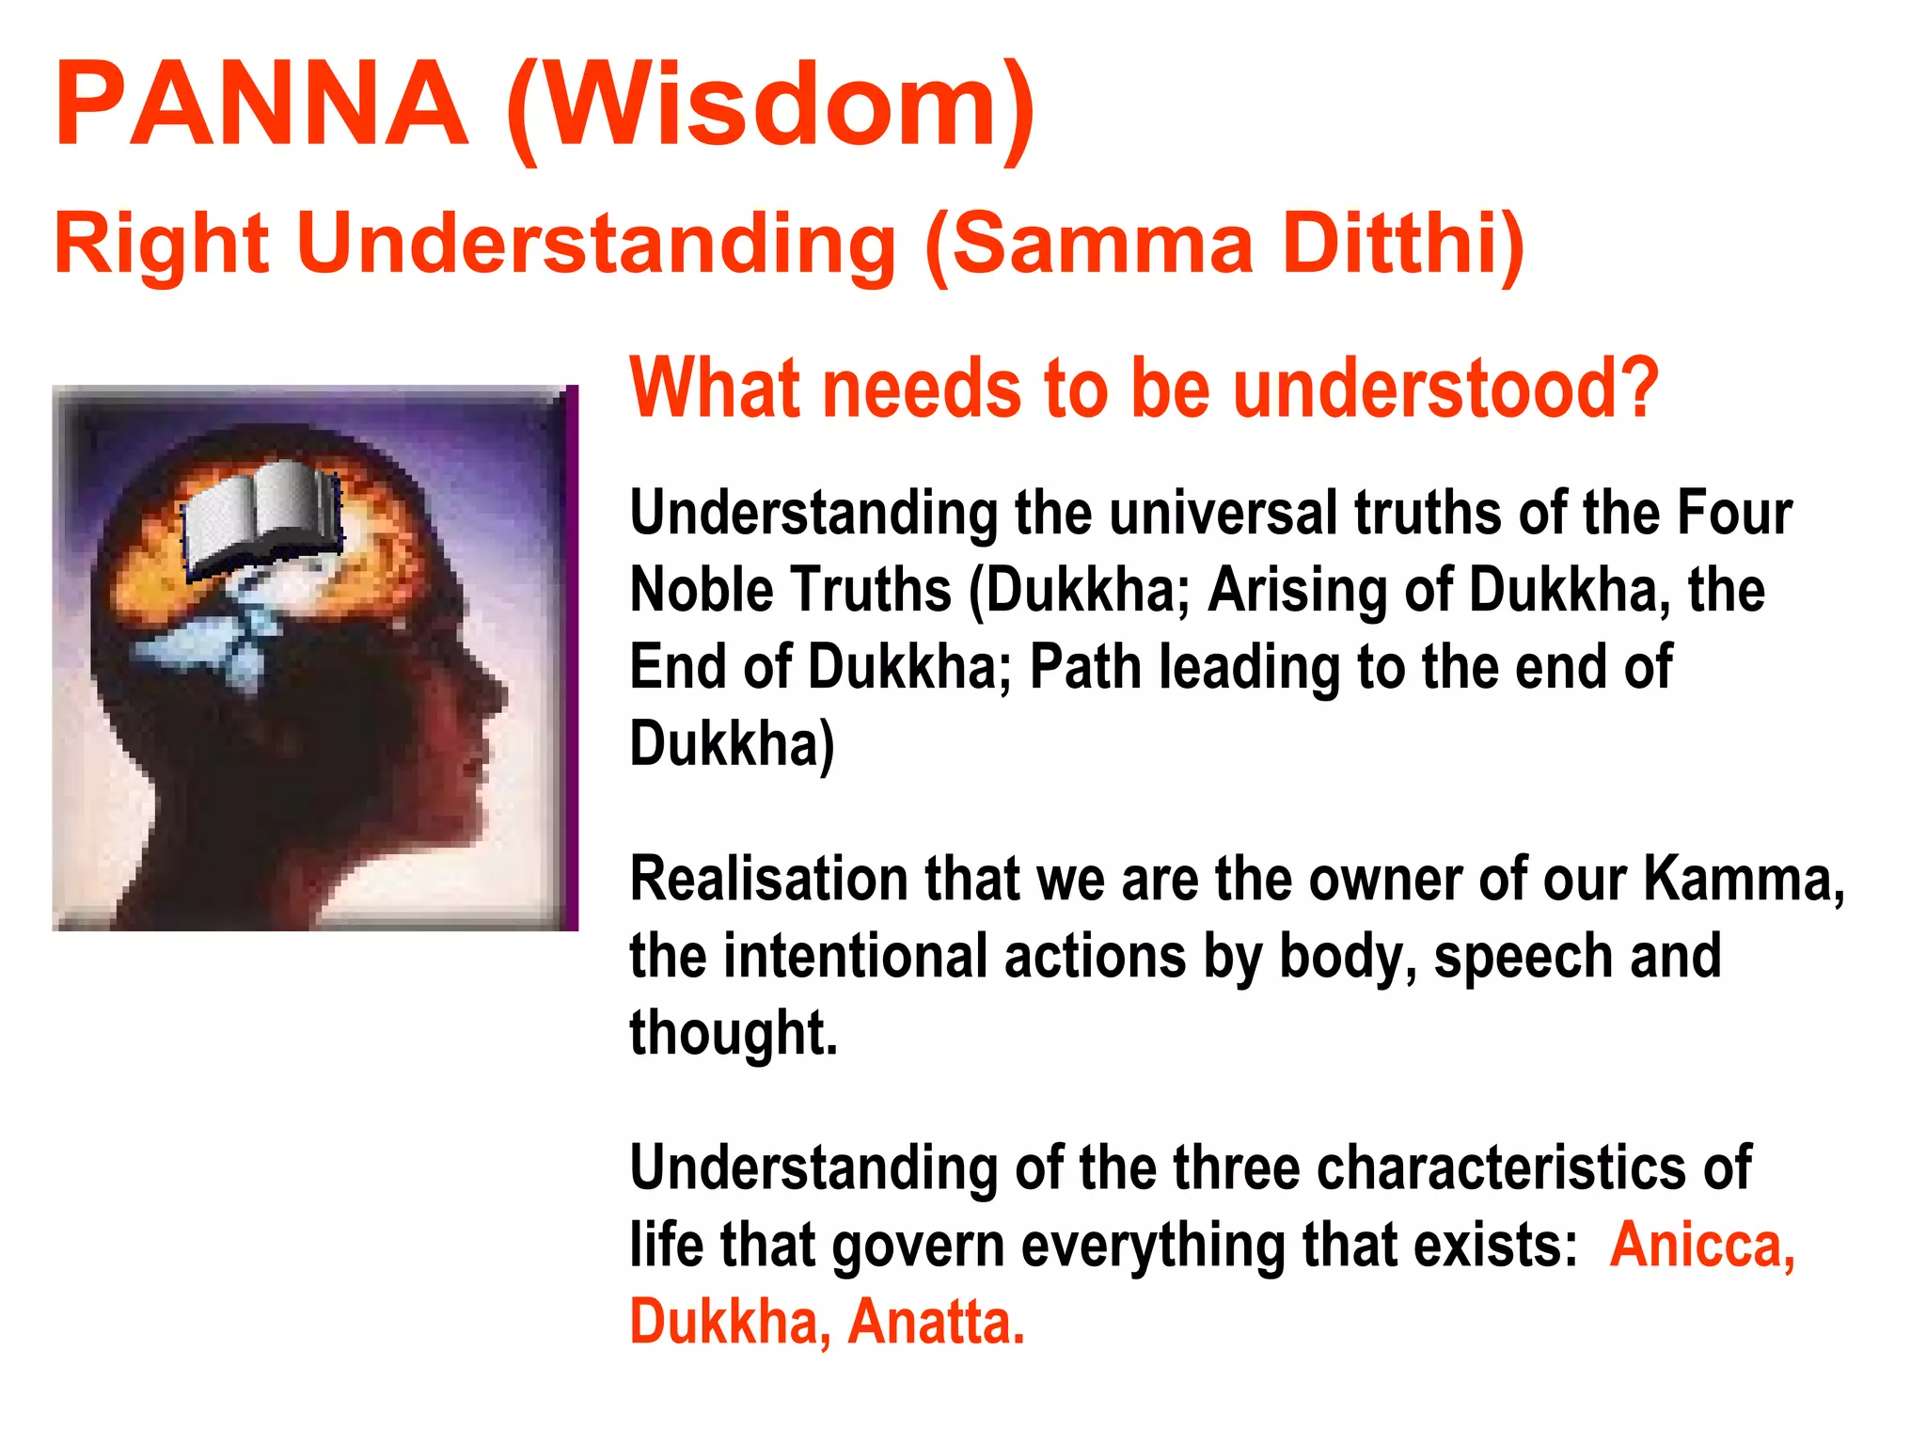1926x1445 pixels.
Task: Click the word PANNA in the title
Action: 261,103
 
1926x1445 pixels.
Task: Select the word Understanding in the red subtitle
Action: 596,244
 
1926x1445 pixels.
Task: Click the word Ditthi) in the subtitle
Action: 1402,244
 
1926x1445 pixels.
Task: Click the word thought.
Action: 733,1033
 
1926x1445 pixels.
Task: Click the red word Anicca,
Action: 1702,1245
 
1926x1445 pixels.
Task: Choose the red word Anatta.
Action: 936,1322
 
